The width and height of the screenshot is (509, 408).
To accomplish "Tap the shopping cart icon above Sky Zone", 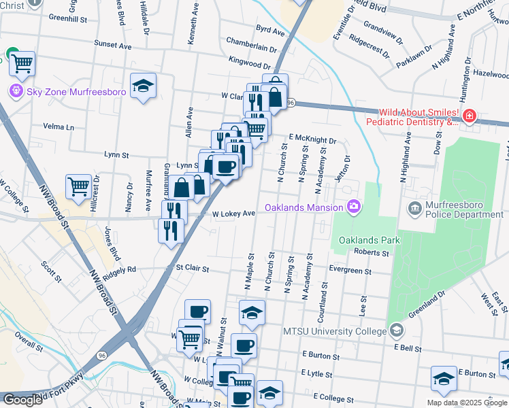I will [22, 63].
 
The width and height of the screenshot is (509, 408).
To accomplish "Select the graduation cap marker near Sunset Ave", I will [143, 86].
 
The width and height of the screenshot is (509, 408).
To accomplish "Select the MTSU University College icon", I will [396, 331].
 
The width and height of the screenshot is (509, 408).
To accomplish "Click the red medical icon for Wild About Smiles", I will [468, 117].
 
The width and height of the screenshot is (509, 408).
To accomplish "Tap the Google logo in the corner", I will [22, 400].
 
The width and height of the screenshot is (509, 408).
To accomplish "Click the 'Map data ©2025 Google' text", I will [466, 403].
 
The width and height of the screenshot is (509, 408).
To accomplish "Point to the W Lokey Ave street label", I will [233, 214].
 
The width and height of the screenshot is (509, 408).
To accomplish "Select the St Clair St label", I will [193, 269].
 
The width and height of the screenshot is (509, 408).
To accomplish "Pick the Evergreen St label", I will [350, 271].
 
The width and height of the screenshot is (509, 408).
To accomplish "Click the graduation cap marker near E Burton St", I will [444, 379].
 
